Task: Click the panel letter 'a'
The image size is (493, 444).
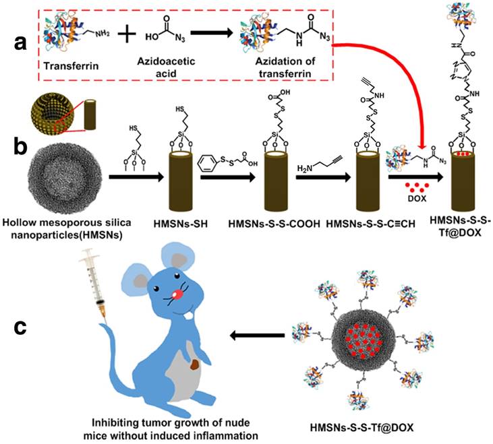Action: pos(21,44)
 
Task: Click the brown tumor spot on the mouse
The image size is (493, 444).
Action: pos(195,367)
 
